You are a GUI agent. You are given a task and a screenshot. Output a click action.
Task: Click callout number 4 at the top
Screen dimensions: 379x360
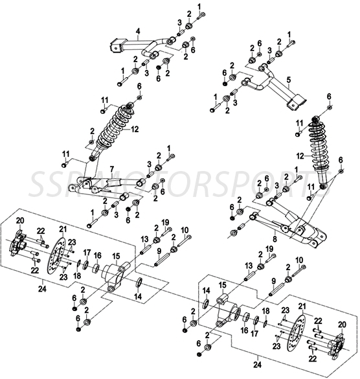pyautogui.click(x=138, y=30)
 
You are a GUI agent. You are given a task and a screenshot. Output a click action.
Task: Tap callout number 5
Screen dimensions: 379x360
pyautogui.click(x=289, y=79)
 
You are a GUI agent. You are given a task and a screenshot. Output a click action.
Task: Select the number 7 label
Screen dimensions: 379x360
pyautogui.click(x=111, y=168)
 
